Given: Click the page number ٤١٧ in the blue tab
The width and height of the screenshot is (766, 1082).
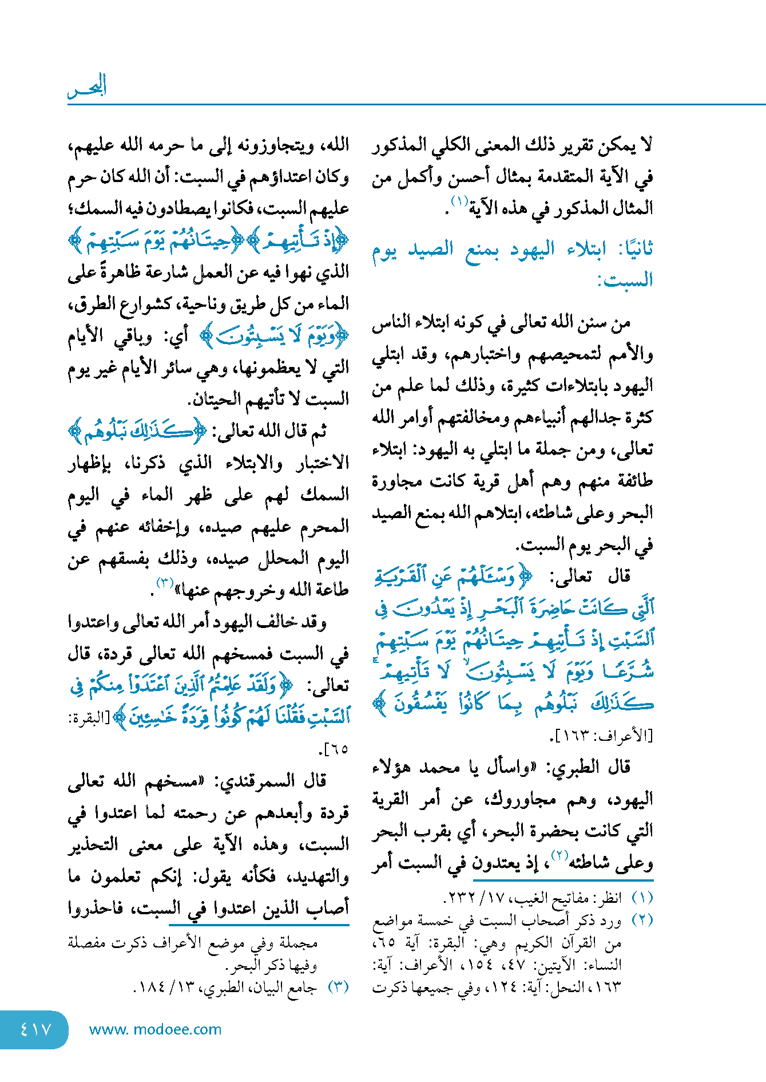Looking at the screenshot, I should [35, 1030].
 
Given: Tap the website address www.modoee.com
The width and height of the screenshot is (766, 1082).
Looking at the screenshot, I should [155, 1030].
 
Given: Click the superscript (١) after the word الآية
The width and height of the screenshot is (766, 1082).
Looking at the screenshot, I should [459, 202].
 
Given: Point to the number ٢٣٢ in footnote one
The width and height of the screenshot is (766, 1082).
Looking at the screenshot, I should [460, 898].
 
